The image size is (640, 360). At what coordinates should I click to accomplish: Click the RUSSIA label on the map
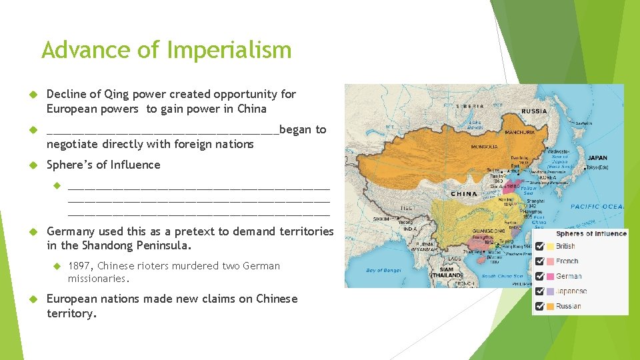click(533, 111)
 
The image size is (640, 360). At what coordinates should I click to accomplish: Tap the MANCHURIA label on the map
click(520, 133)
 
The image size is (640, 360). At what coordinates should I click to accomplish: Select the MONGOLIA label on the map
click(484, 146)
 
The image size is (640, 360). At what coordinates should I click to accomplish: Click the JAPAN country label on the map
click(597, 158)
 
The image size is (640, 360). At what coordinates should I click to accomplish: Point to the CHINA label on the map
click(464, 194)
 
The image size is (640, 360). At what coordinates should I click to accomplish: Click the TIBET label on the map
click(408, 207)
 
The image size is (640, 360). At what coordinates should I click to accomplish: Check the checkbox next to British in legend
click(540, 246)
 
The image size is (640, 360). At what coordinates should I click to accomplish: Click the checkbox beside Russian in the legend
click(540, 306)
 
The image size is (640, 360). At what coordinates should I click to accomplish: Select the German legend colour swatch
click(550, 276)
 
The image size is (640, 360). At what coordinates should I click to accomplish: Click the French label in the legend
click(567, 261)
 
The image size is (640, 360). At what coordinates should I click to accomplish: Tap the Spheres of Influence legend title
click(591, 233)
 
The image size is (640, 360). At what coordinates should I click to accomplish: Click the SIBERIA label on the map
click(470, 106)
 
